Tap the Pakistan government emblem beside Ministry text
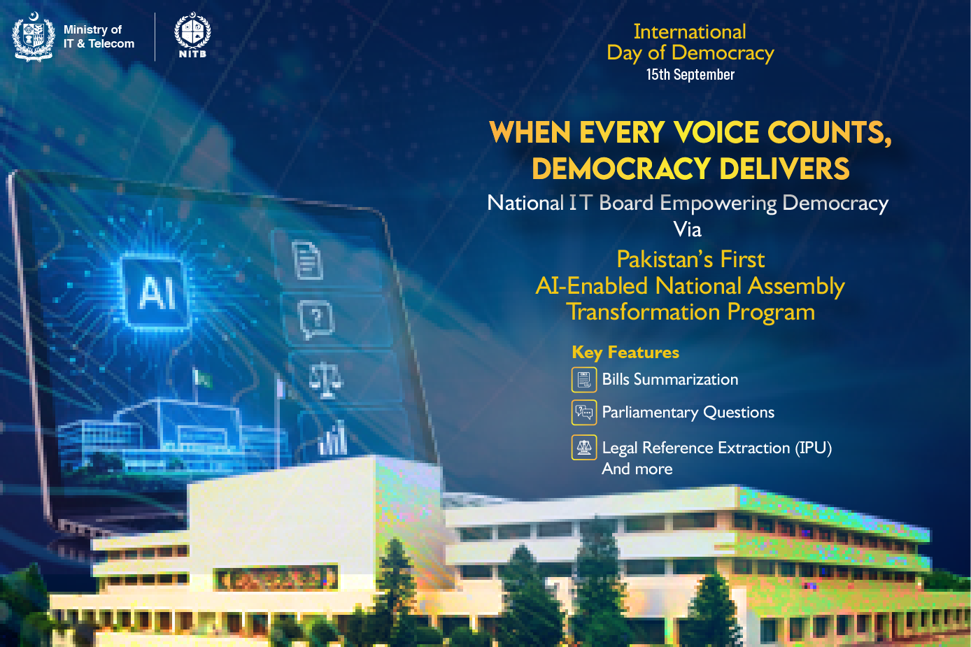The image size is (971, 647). (x=34, y=37)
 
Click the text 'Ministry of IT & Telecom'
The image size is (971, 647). (x=99, y=36)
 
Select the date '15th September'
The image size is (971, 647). (x=690, y=75)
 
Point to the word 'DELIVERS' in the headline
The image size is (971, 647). (x=784, y=169)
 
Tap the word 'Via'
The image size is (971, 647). (x=688, y=229)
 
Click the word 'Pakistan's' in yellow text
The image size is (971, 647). (x=665, y=259)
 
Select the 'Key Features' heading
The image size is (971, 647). (x=625, y=353)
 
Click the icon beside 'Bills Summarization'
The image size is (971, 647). (x=584, y=380)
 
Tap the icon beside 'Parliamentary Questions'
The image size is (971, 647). (x=584, y=412)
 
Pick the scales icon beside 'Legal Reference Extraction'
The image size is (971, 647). (x=584, y=447)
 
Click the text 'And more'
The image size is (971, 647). (x=637, y=469)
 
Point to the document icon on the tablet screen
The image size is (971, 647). (x=308, y=260)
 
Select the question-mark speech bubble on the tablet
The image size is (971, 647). (x=316, y=320)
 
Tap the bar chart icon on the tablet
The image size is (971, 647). (x=333, y=439)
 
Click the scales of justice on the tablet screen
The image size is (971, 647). (x=325, y=380)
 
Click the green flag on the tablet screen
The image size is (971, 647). (x=202, y=378)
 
